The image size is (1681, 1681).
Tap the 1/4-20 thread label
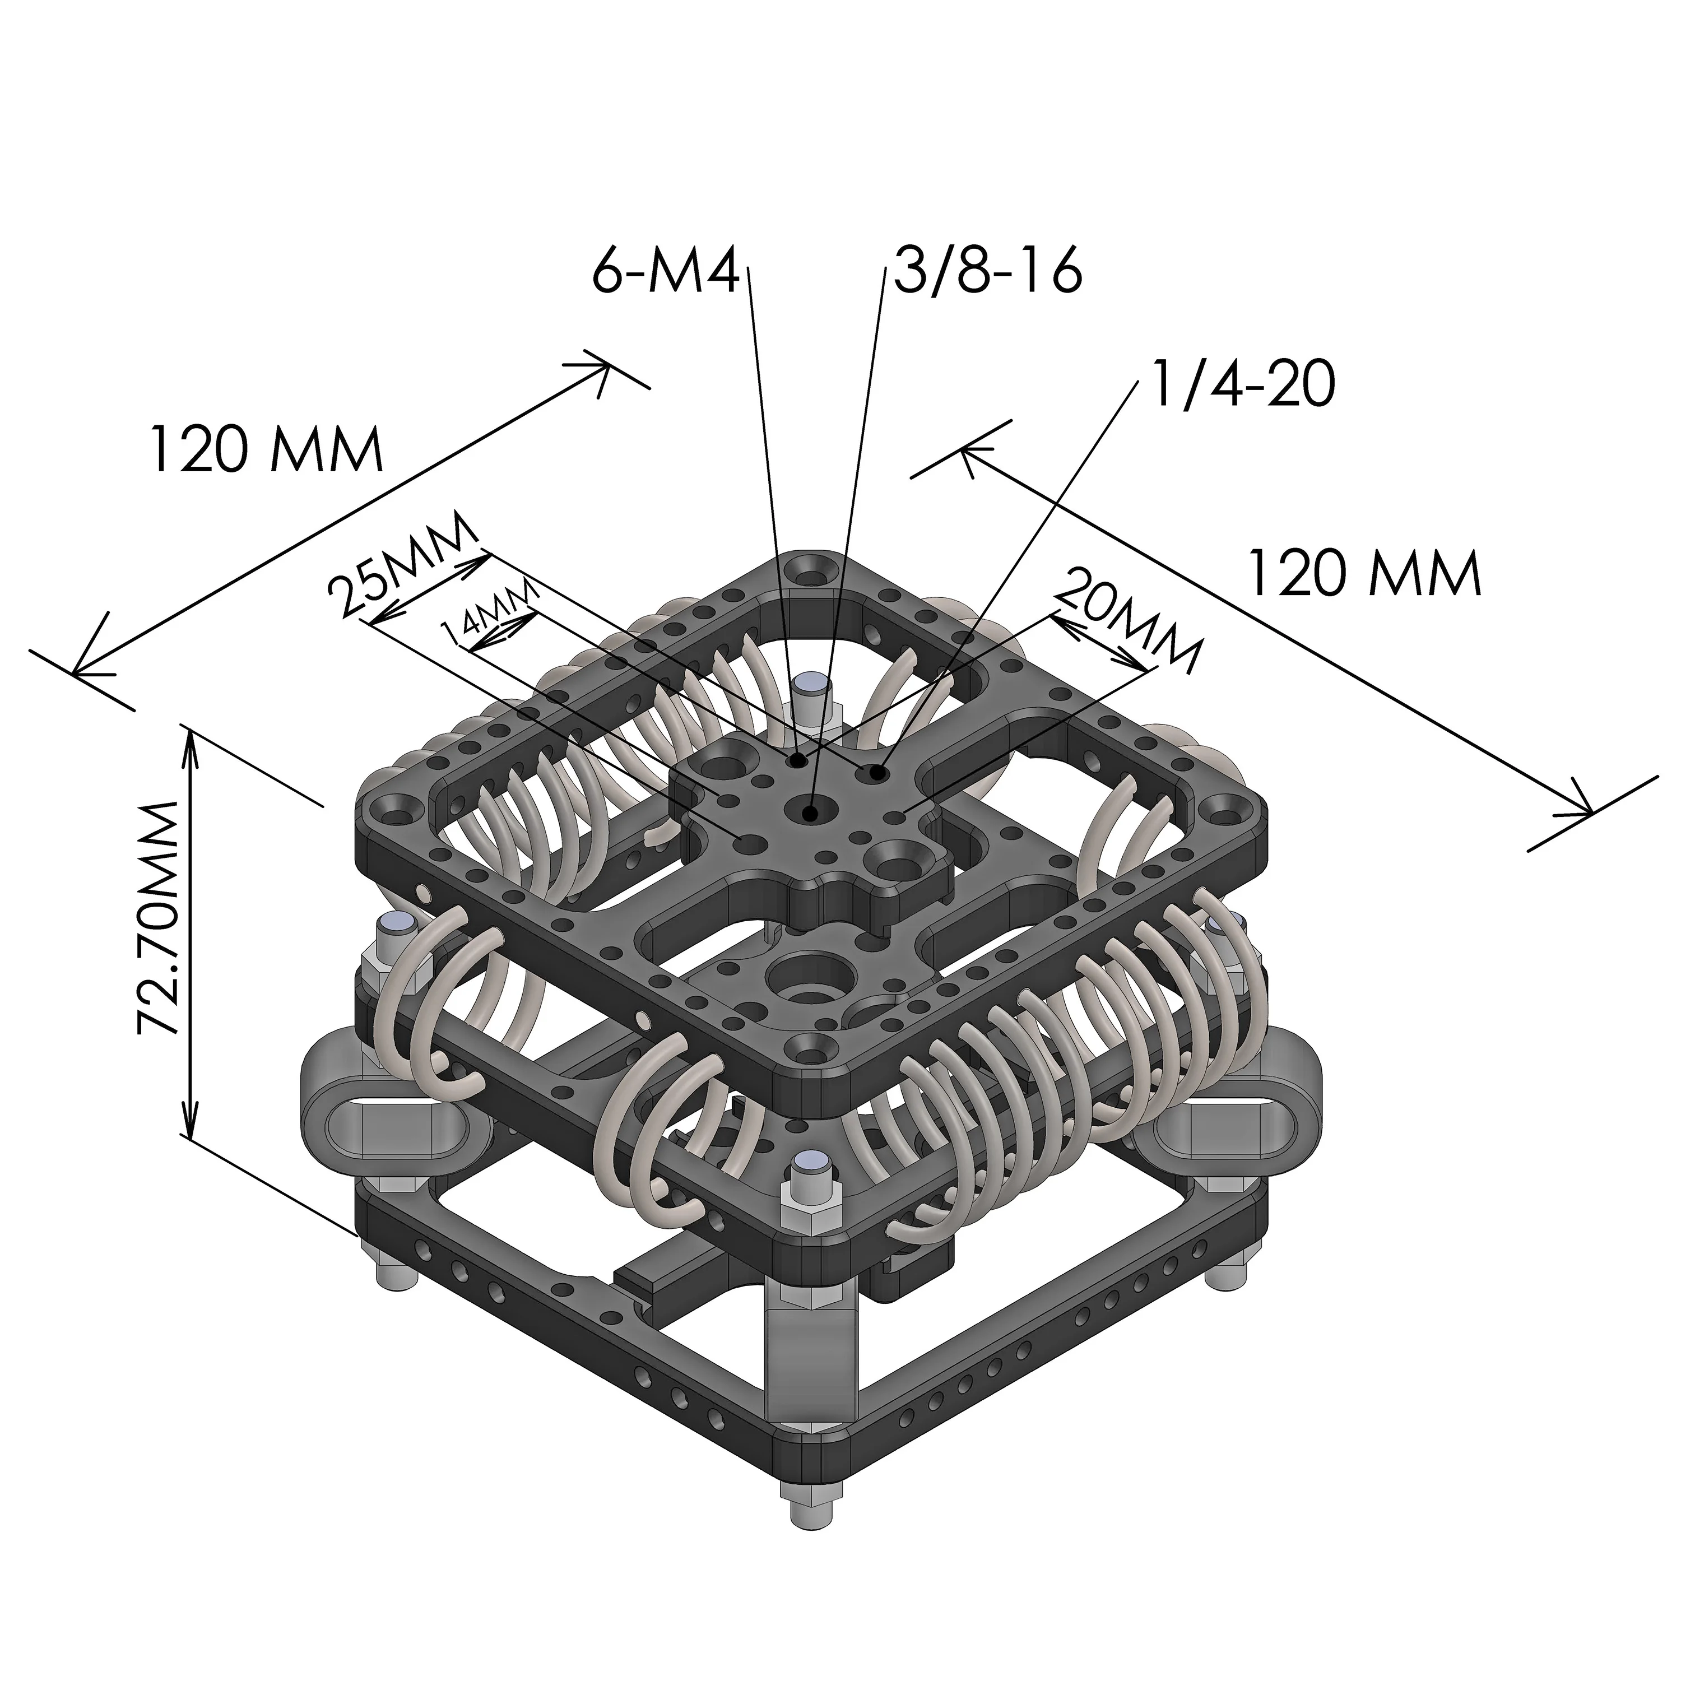pos(1242,384)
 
